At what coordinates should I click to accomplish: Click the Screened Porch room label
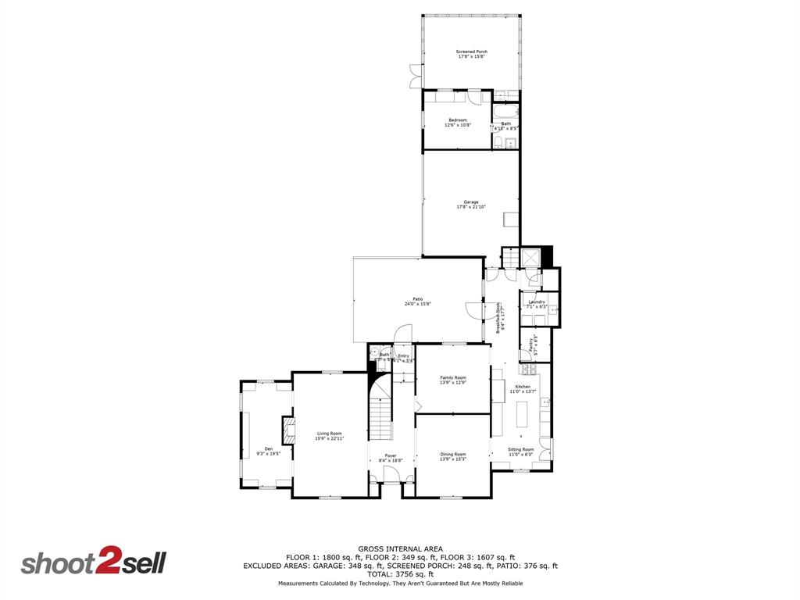(x=471, y=54)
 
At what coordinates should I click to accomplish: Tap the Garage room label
(x=470, y=205)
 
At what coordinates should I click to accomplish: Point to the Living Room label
(x=329, y=436)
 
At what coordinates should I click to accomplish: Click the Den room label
(x=268, y=451)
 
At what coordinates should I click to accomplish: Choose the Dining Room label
(x=453, y=456)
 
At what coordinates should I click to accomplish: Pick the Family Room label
(x=452, y=380)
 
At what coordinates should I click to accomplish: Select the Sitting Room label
(x=521, y=451)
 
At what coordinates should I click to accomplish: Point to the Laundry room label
(x=537, y=304)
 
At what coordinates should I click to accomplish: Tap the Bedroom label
(x=458, y=122)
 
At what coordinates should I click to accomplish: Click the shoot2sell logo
(x=94, y=563)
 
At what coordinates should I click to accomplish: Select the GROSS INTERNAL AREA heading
(x=400, y=548)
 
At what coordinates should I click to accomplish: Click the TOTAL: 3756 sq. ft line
(x=400, y=574)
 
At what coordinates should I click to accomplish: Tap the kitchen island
(x=523, y=413)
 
